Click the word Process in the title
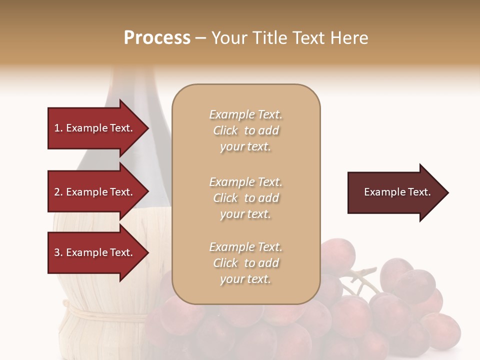[157, 38]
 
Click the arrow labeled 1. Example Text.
[95, 128]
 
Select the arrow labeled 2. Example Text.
[95, 192]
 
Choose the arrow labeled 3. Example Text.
[95, 252]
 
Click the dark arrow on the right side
[395, 192]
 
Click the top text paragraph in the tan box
[245, 130]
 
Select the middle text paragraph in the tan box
[245, 198]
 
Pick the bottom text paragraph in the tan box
[245, 263]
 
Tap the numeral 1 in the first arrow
[56, 128]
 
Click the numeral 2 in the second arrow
[57, 192]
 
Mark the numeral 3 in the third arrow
[57, 253]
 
